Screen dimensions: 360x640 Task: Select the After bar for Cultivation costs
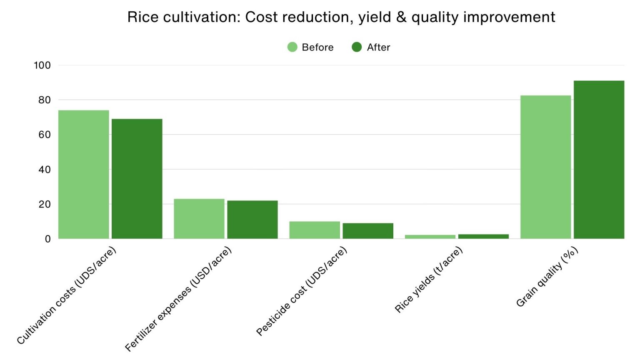click(x=137, y=179)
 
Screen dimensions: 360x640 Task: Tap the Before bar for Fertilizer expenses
click(x=199, y=219)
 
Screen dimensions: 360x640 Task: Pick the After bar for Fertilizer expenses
click(x=252, y=220)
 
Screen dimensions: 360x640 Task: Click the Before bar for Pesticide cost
click(x=315, y=230)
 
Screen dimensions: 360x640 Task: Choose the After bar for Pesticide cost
click(x=368, y=231)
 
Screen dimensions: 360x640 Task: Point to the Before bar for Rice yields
click(x=430, y=237)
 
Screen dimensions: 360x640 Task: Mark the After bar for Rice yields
click(x=483, y=236)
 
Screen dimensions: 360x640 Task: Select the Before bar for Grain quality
click(x=545, y=167)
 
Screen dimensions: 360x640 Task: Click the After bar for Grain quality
click(x=599, y=160)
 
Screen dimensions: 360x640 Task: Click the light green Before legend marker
click(x=292, y=47)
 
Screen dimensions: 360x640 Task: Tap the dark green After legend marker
click(x=357, y=47)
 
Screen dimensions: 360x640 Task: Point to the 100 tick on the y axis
click(x=42, y=65)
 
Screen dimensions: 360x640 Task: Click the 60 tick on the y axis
click(x=44, y=135)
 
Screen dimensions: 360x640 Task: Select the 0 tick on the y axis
click(x=47, y=239)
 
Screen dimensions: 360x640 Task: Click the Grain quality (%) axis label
click(x=547, y=277)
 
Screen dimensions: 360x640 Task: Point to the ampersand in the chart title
click(x=401, y=17)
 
